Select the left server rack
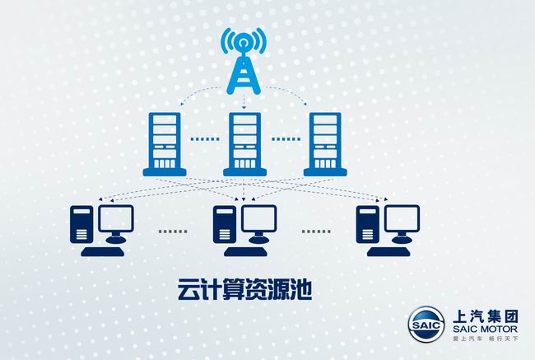165,144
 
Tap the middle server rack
244,144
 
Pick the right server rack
325,144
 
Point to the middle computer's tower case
225,225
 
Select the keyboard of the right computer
388,252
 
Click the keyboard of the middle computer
245,252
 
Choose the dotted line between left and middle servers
205,139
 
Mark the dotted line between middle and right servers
286,139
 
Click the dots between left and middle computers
173,231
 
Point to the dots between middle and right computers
316,231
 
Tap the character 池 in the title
301,289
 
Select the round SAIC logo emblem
426,324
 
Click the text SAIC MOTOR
485,330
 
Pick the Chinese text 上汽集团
485,316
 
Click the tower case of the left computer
81,225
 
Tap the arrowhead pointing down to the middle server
244,108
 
